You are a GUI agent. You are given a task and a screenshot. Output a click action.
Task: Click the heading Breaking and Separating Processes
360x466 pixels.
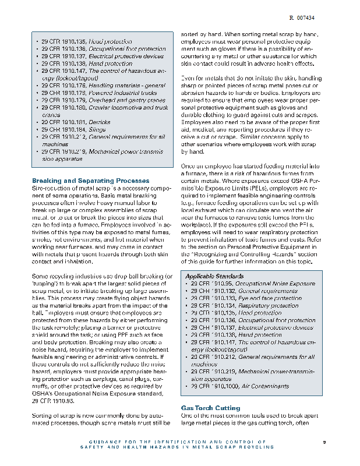(90, 181)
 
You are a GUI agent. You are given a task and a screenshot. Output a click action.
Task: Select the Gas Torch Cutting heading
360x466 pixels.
(202, 408)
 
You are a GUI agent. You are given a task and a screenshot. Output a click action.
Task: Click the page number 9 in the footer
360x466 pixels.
(324, 443)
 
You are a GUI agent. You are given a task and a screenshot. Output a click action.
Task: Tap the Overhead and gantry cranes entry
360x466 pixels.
(117, 100)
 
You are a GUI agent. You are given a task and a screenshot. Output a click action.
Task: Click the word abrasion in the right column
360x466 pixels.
(197, 93)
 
